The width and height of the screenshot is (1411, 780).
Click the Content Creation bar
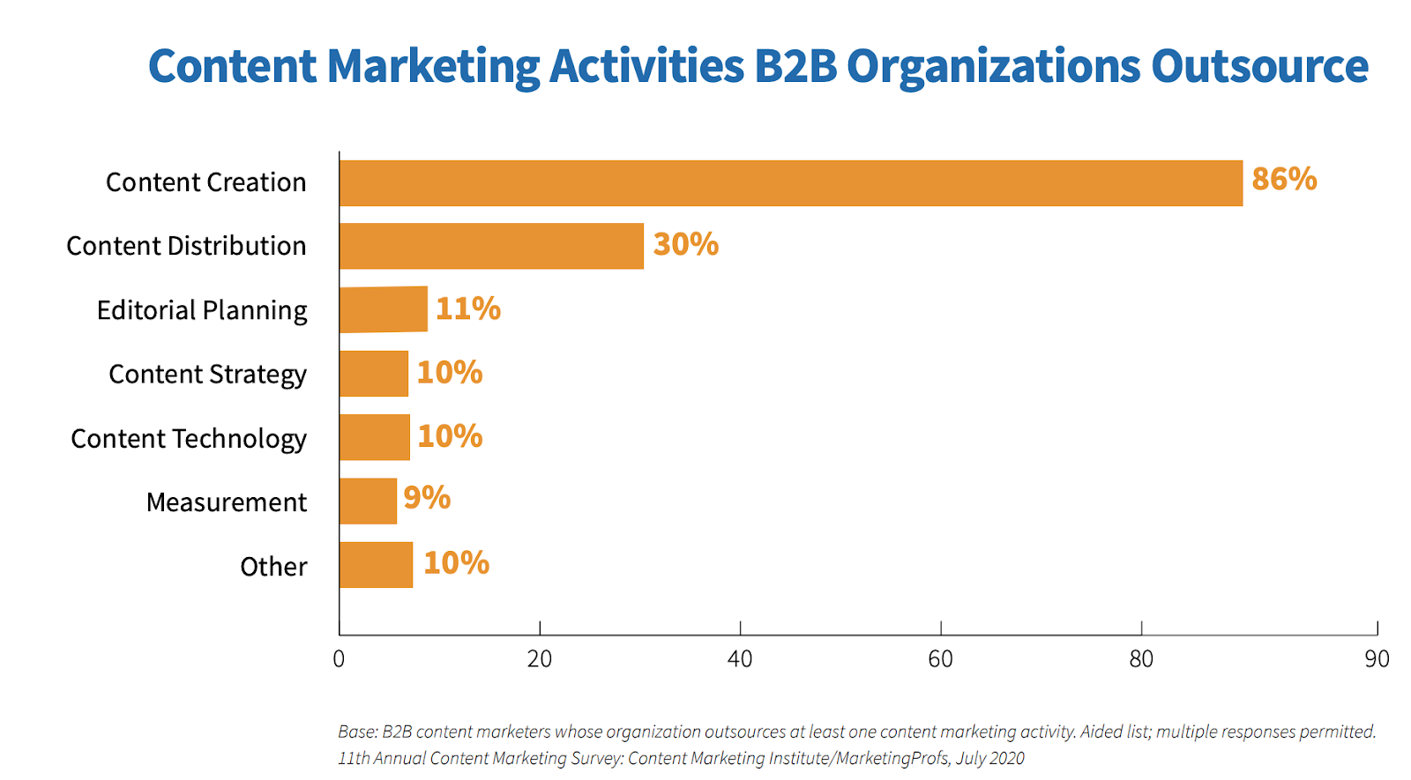pyautogui.click(x=790, y=183)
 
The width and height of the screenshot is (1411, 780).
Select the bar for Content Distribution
pyautogui.click(x=491, y=246)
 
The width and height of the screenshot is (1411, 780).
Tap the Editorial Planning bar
pyautogui.click(x=383, y=309)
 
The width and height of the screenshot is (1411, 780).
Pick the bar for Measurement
pyautogui.click(x=368, y=501)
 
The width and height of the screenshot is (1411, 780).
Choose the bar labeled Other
pyautogui.click(x=376, y=565)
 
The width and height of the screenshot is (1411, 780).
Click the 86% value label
pyautogui.click(x=1284, y=179)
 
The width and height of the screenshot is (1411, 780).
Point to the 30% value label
pyautogui.click(x=685, y=244)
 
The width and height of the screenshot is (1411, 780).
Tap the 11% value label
pyautogui.click(x=467, y=308)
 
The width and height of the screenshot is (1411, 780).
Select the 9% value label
pyautogui.click(x=427, y=498)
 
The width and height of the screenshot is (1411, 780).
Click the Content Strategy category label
pyautogui.click(x=207, y=375)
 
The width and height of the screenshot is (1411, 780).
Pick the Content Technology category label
pyautogui.click(x=189, y=439)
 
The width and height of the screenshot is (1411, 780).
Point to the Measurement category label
pyautogui.click(x=227, y=502)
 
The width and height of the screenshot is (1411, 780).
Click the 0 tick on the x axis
pyautogui.click(x=339, y=659)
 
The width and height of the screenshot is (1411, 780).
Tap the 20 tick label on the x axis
pyautogui.click(x=539, y=659)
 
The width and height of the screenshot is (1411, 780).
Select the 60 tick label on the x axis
pyautogui.click(x=940, y=659)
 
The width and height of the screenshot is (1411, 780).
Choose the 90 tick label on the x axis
pyautogui.click(x=1376, y=659)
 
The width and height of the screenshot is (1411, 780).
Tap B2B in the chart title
pyautogui.click(x=795, y=66)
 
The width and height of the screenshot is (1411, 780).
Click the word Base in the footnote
pyautogui.click(x=356, y=732)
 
